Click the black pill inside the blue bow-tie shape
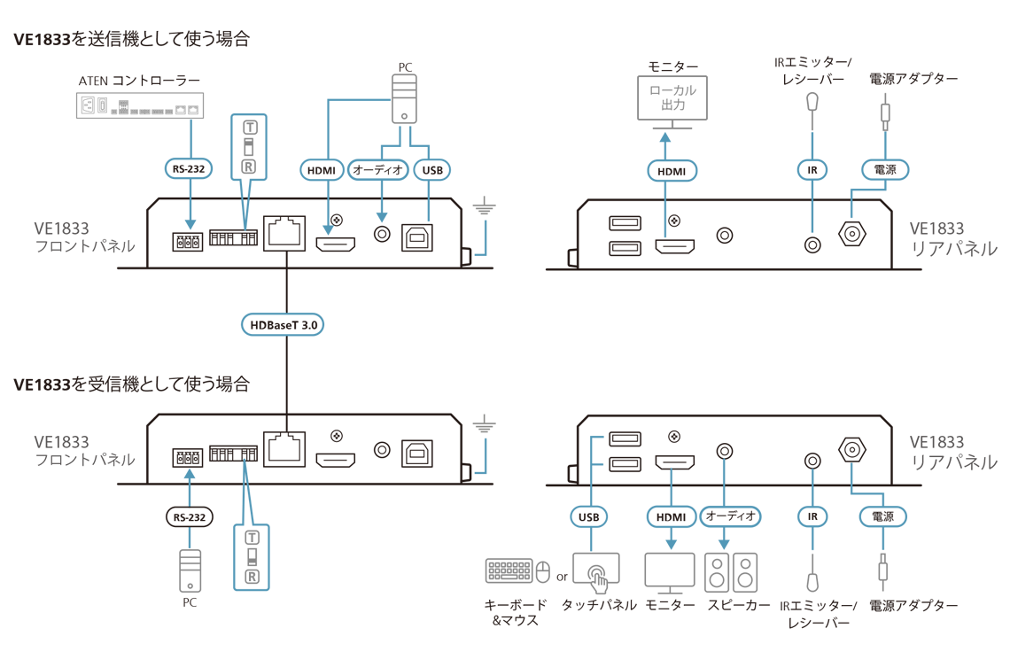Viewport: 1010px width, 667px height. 283,324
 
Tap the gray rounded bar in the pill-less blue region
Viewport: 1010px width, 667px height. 252,556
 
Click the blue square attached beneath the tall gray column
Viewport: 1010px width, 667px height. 501,456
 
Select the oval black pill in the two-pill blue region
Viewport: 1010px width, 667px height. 883,168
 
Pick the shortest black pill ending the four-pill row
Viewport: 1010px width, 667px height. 431,168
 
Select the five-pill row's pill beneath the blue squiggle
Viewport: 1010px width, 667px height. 589,516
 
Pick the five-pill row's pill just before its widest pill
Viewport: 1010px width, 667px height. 671,516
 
